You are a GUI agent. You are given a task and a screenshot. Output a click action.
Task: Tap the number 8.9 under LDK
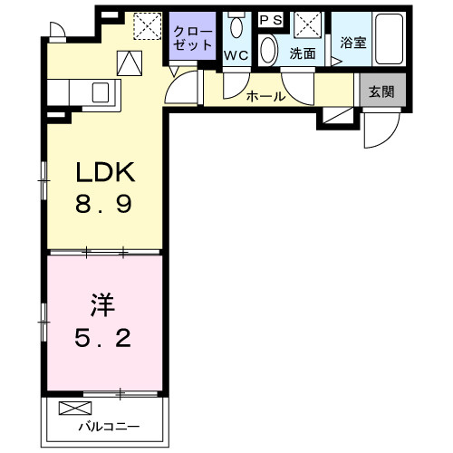coord(103,205)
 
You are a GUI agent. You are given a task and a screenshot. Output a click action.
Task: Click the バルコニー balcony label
coord(101,424)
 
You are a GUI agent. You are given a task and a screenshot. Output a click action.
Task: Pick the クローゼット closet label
coord(192,38)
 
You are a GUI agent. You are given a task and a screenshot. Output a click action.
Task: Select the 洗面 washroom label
coord(303,53)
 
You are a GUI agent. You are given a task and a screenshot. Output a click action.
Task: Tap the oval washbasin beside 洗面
coord(269,48)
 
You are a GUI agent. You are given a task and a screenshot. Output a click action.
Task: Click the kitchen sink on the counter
coord(101,92)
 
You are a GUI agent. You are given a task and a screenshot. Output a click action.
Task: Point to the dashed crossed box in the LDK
coord(145,25)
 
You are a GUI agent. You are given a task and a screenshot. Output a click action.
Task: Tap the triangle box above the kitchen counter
coord(131,63)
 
